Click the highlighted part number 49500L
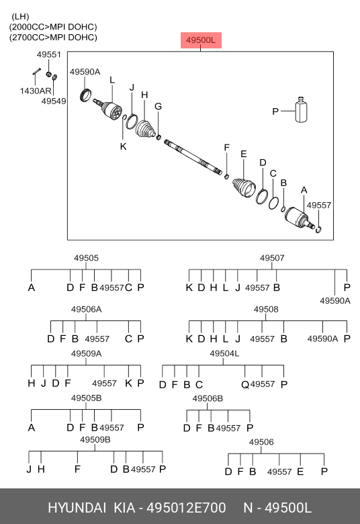pyautogui.click(x=201, y=40)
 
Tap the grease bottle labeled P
pyautogui.click(x=301, y=110)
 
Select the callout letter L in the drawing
pyautogui.click(x=112, y=80)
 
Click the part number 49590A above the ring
pyautogui.click(x=85, y=72)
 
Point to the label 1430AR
pyautogui.click(x=36, y=91)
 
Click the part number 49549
pyautogui.click(x=54, y=101)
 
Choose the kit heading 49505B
pyautogui.click(x=86, y=398)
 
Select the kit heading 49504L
pyautogui.click(x=224, y=353)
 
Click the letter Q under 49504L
pyautogui.click(x=245, y=385)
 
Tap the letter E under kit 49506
pyautogui.click(x=300, y=472)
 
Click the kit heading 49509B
pyautogui.click(x=95, y=439)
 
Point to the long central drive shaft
pyautogui.click(x=193, y=157)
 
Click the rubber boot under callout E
pyautogui.click(x=244, y=189)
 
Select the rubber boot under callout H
pyautogui.click(x=145, y=129)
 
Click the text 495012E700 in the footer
pyautogui.click(x=187, y=508)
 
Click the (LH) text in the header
pyautogui.click(x=20, y=16)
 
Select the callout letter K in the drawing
pyautogui.click(x=124, y=146)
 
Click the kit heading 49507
pyautogui.click(x=272, y=258)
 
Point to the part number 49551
pyautogui.click(x=49, y=54)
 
